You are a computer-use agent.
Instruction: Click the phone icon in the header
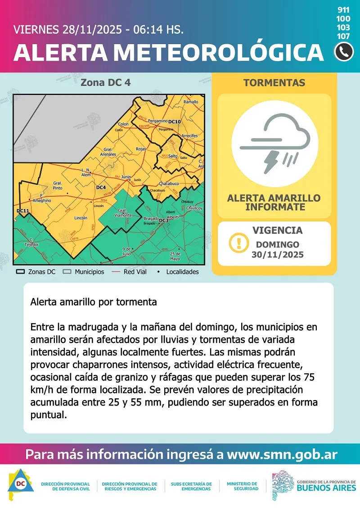pyautogui.click(x=344, y=52)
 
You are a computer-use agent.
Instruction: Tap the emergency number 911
pyautogui.click(x=343, y=10)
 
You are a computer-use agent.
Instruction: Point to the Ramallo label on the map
pyautogui.click(x=191, y=102)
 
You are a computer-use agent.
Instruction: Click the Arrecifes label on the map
pyautogui.click(x=189, y=135)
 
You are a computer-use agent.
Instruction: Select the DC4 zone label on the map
pyautogui.click(x=101, y=187)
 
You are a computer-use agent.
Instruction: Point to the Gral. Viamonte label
pyautogui.click(x=124, y=213)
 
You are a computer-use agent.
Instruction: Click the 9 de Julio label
pyautogui.click(x=126, y=251)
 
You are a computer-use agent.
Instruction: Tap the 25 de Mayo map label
pyautogui.click(x=175, y=256)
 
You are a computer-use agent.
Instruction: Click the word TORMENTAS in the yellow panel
pyautogui.click(x=274, y=83)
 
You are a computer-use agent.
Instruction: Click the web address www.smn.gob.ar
pyautogui.click(x=282, y=454)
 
